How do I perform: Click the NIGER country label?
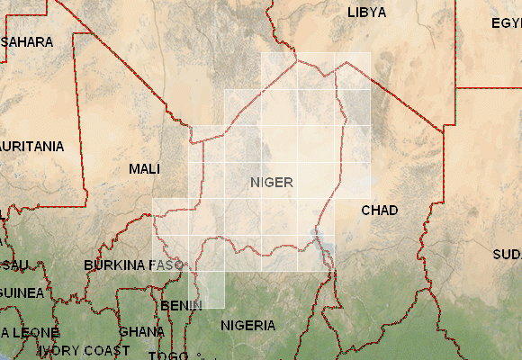pos(271,183)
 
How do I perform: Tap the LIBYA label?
pos(366,13)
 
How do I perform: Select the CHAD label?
pos(379,211)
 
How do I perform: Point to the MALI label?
pos(145,169)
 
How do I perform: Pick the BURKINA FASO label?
pos(133,265)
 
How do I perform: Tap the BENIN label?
pos(182,306)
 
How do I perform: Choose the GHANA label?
pos(141,331)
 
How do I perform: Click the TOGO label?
pos(168,355)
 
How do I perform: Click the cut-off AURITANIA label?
pos(32,146)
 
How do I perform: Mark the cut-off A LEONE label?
pos(24,332)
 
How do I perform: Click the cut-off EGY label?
pos(506,23)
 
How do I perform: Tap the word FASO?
pos(166,265)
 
